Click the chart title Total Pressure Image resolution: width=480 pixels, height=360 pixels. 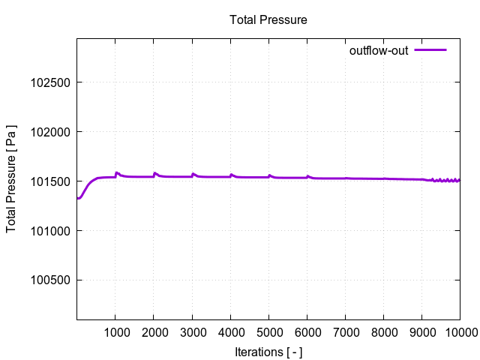pyautogui.click(x=268, y=20)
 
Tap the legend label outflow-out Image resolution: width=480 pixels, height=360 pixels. pyautogui.click(x=379, y=51)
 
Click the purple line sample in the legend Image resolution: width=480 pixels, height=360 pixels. pyautogui.click(x=430, y=50)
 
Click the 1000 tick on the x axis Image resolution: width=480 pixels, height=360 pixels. pyautogui.click(x=115, y=332)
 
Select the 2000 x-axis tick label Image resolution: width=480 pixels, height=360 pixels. pyautogui.click(x=154, y=332)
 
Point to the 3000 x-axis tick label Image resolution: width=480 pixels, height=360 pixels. pyautogui.click(x=192, y=332)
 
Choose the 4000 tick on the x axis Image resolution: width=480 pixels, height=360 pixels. pyautogui.click(x=230, y=332)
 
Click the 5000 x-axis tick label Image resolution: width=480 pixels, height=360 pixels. pyautogui.click(x=268, y=332)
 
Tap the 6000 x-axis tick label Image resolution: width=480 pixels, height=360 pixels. pyautogui.click(x=307, y=332)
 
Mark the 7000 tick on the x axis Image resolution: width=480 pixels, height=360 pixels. pyautogui.click(x=345, y=332)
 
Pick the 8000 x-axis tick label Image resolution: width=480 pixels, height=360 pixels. pyautogui.click(x=383, y=332)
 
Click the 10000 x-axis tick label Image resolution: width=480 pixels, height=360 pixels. pyautogui.click(x=459, y=332)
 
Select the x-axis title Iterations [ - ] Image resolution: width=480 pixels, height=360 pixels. pyautogui.click(x=268, y=351)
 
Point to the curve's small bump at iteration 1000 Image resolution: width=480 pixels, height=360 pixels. pyautogui.click(x=117, y=172)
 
